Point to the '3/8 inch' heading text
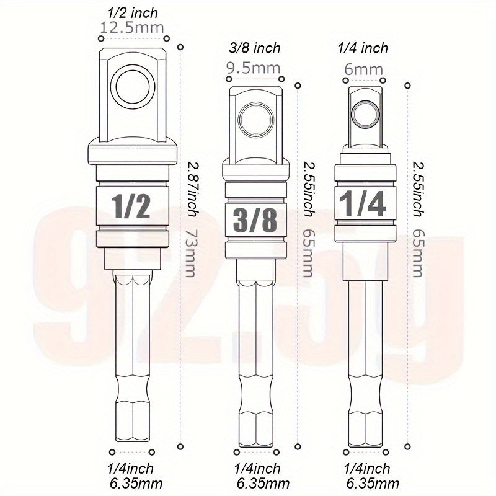click(x=255, y=48)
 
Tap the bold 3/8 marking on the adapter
click(x=255, y=221)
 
